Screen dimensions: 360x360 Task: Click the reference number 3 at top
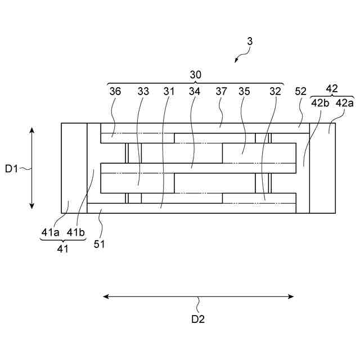tap(250, 41)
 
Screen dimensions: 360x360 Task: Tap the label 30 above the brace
tap(195, 74)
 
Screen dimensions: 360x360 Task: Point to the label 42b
tap(321, 102)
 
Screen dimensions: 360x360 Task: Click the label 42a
tap(344, 102)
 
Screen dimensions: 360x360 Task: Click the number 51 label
tap(100, 244)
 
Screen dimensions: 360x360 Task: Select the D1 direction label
tap(11, 168)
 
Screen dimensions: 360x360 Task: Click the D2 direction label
tap(198, 319)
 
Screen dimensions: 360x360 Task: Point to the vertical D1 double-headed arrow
tap(32, 168)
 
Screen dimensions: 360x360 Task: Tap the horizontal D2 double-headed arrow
tap(198, 296)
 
